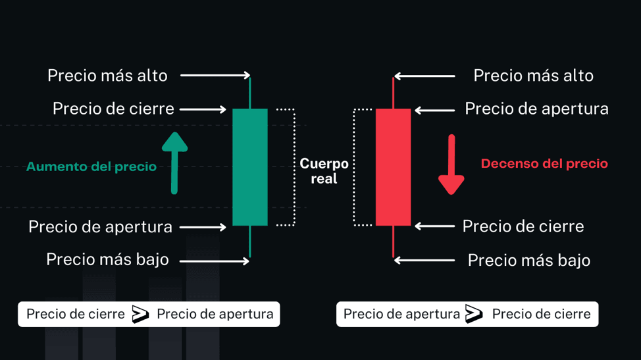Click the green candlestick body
pyautogui.click(x=250, y=167)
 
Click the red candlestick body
pyautogui.click(x=394, y=167)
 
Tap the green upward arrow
pyautogui.click(x=174, y=163)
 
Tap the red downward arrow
pyautogui.click(x=451, y=165)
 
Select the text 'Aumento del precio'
pyautogui.click(x=91, y=167)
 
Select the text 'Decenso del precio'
pyautogui.click(x=544, y=164)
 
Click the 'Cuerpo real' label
pyautogui.click(x=324, y=171)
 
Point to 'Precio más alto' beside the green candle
pyautogui.click(x=107, y=76)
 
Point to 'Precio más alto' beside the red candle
pyautogui.click(x=534, y=76)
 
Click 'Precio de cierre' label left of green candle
pyautogui.click(x=113, y=109)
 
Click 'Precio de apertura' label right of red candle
pyautogui.click(x=537, y=109)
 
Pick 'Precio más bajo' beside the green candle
pyautogui.click(x=107, y=259)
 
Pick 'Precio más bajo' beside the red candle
pyautogui.click(x=529, y=261)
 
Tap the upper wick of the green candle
pyautogui.click(x=250, y=93)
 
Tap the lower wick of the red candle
pyautogui.click(x=394, y=242)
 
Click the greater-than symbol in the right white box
pyautogui.click(x=474, y=314)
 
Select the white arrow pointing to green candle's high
pyautogui.click(x=215, y=75)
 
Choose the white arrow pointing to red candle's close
pyautogui.click(x=435, y=226)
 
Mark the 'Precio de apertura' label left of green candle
pyautogui.click(x=100, y=227)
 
